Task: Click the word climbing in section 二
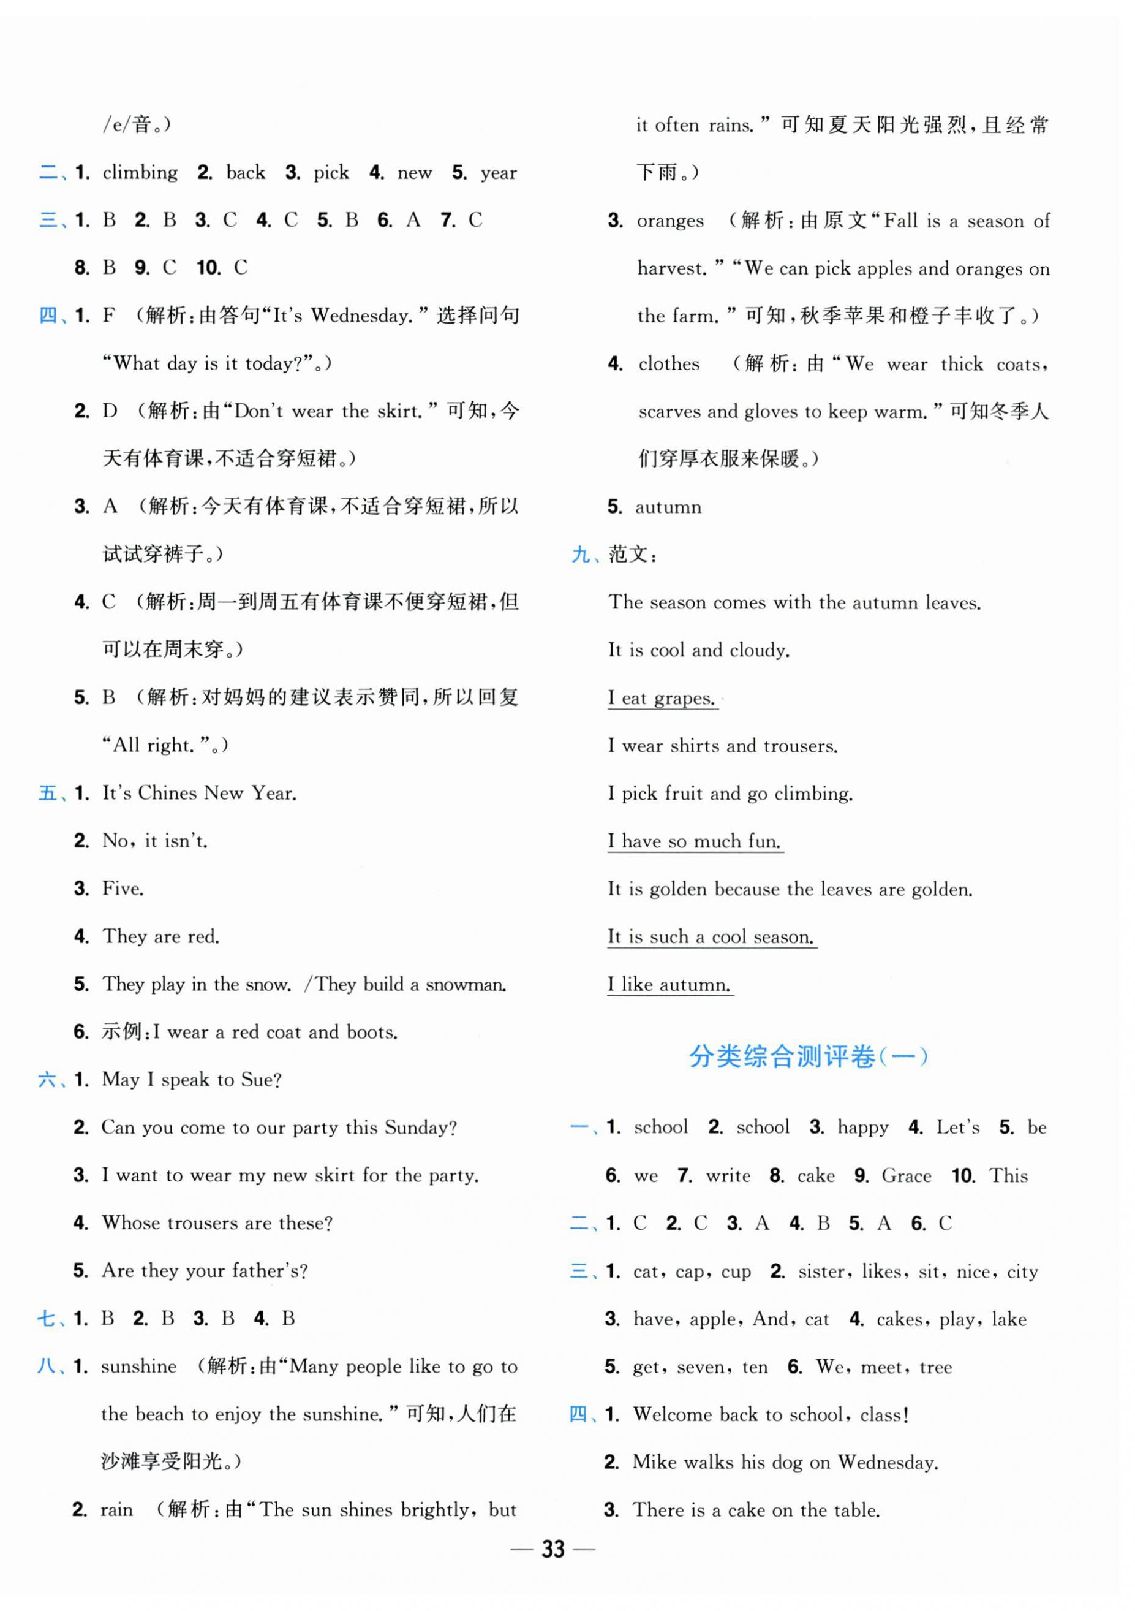[x=140, y=173]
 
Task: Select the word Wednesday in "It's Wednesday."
[x=361, y=316]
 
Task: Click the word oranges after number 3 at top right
[x=669, y=221]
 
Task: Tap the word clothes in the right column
[x=668, y=364]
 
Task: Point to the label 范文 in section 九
[x=627, y=555]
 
